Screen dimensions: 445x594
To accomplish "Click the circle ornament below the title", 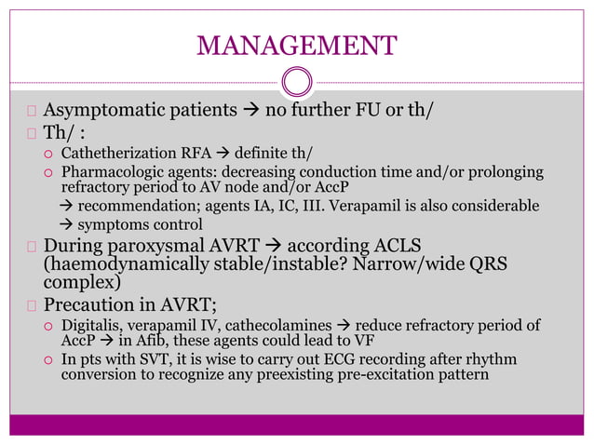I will click(297, 83).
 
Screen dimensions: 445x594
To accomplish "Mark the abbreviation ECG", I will click(346, 359).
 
